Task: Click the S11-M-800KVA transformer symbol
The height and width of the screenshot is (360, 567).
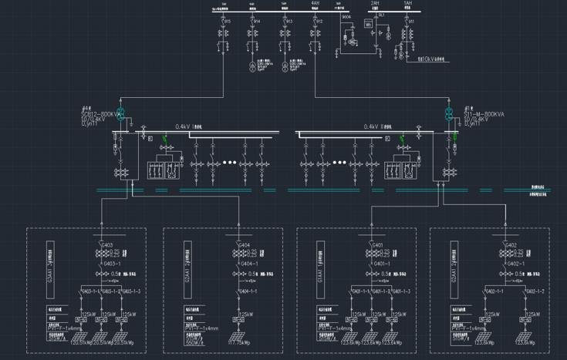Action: click(448, 115)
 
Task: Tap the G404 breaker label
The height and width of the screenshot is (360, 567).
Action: click(245, 246)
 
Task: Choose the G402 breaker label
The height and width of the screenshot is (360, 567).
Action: click(510, 246)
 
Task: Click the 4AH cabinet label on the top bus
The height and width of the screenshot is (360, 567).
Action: click(315, 4)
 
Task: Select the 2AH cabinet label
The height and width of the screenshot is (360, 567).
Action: click(375, 4)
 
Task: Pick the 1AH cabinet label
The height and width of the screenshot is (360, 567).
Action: click(407, 4)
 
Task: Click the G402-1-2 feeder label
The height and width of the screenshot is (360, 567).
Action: click(534, 291)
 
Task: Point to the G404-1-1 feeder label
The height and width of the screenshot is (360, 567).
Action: click(247, 291)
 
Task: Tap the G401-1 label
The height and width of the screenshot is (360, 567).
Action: click(380, 263)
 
